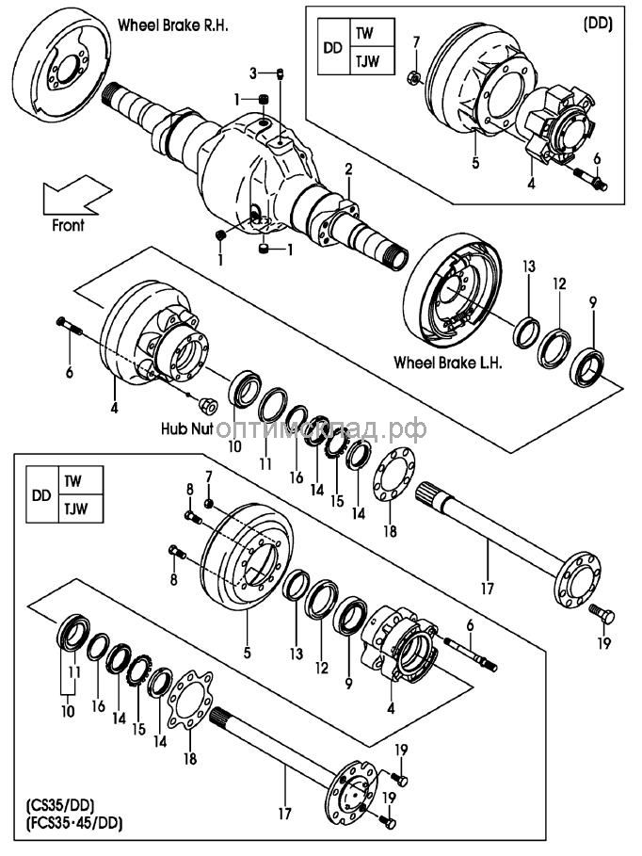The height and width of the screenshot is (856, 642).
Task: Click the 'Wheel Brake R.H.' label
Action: pos(173,26)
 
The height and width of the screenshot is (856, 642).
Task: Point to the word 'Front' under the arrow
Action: pos(68,226)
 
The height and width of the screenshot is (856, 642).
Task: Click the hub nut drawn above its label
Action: pos(210,407)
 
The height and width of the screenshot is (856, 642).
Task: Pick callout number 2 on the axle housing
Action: pos(348,170)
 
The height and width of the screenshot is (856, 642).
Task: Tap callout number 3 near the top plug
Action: pos(253,73)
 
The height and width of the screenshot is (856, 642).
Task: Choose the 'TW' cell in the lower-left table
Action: pos(72,480)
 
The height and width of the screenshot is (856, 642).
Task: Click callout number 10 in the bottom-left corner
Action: pos(67,712)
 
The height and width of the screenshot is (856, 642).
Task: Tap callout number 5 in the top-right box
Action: pos(476,163)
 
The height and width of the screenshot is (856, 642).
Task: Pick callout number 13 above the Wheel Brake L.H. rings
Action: pos(528,267)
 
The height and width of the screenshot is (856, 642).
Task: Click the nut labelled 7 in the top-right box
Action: pos(413,75)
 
